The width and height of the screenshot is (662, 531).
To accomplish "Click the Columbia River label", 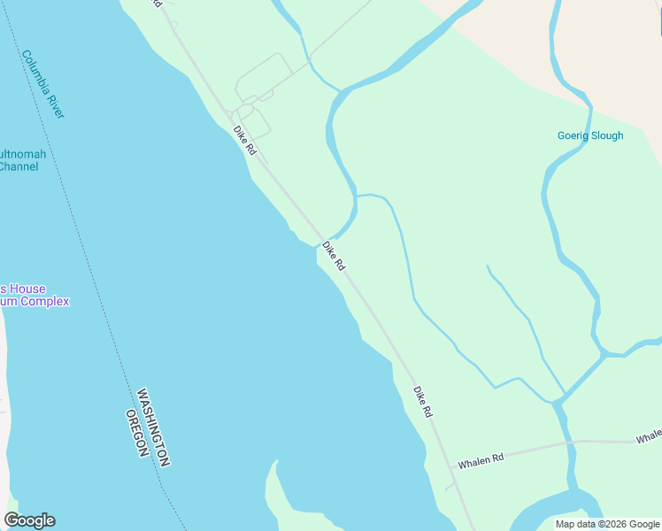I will tap(43, 84).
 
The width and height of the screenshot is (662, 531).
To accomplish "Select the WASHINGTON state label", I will tap(153, 427).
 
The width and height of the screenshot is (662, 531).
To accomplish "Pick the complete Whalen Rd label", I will tap(481, 459).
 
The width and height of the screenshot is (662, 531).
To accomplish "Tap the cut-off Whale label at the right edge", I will tap(649, 437).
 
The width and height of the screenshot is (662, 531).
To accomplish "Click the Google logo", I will tap(29, 520).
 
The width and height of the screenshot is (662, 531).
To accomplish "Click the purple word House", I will tap(27, 289).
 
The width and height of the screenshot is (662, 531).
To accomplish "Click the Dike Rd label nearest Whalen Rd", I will tap(423, 401).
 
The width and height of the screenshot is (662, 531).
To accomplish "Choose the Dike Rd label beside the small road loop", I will tap(244, 141).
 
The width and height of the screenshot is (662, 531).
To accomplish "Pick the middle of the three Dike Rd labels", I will tap(333, 256).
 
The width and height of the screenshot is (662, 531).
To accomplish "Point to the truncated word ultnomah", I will tap(23, 154).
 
